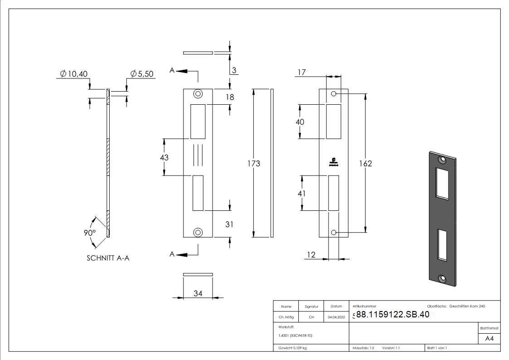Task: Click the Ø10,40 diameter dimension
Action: pyautogui.click(x=75, y=74)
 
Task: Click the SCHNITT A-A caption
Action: pyautogui.click(x=108, y=258)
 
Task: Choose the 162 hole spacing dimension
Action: pyautogui.click(x=365, y=163)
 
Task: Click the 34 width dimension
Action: pyautogui.click(x=198, y=294)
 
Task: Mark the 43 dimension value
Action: pyautogui.click(x=164, y=157)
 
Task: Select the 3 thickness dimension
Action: pyautogui.click(x=235, y=70)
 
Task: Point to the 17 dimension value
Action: pyautogui.click(x=302, y=73)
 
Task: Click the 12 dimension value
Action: pyautogui.click(x=311, y=255)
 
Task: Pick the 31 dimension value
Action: pyautogui.click(x=229, y=224)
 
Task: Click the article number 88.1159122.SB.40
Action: pyautogui.click(x=393, y=315)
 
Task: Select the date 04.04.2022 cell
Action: pyautogui.click(x=336, y=317)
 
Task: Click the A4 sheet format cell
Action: pyautogui.click(x=490, y=339)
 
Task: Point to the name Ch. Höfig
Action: pyautogui.click(x=286, y=317)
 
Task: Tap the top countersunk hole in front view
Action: pyautogui.click(x=198, y=94)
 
